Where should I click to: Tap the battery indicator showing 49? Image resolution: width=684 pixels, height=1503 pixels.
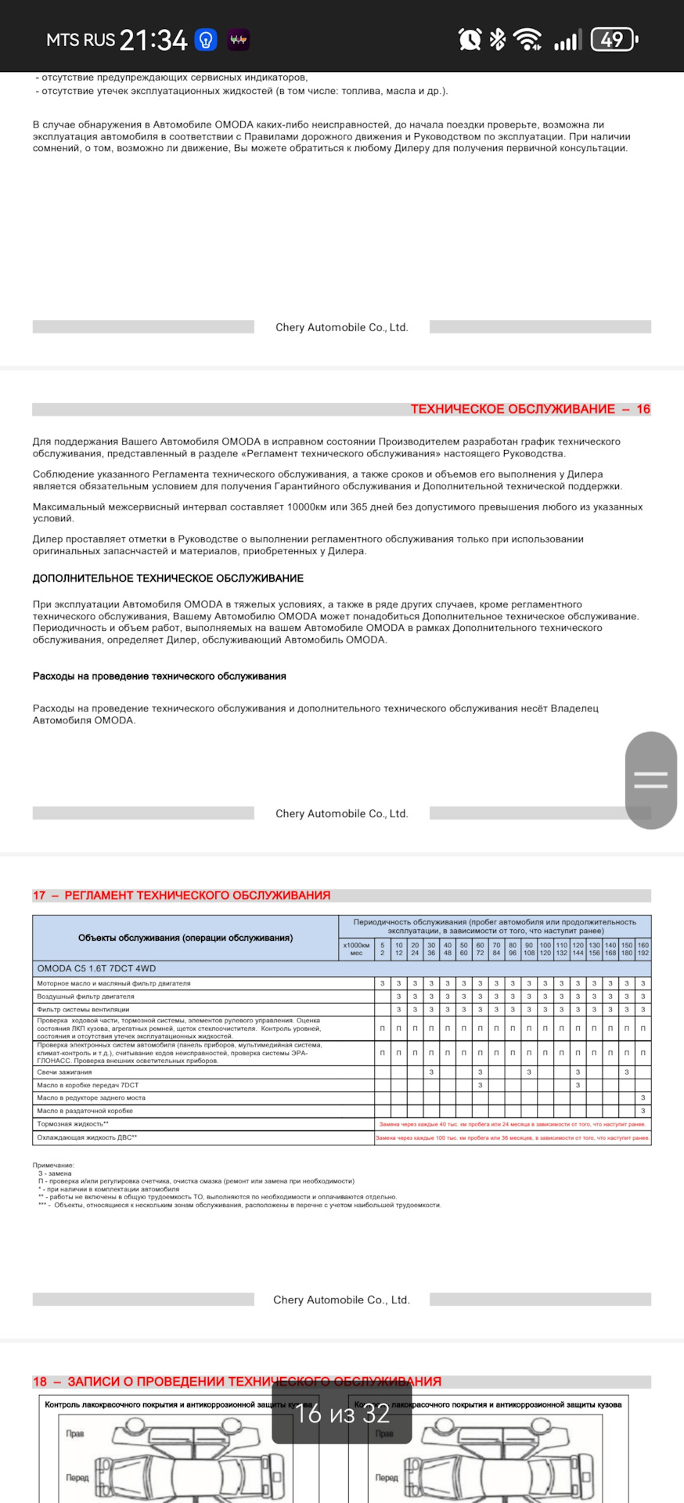[614, 39]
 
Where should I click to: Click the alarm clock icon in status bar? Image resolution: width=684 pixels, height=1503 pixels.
[470, 39]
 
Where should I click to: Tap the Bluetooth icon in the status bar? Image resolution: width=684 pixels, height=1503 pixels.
[498, 39]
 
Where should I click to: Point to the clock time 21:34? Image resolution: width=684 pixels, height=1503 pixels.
[153, 40]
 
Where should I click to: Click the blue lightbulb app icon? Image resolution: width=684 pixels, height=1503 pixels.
[206, 40]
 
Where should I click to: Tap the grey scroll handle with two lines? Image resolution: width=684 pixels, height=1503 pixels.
[650, 780]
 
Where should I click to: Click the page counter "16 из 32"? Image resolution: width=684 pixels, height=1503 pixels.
[342, 1413]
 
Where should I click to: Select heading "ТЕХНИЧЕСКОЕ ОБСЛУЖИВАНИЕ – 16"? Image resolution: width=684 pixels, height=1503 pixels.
[530, 409]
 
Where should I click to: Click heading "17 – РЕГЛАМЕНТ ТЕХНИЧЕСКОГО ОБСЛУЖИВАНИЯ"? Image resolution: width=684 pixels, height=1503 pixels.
[182, 896]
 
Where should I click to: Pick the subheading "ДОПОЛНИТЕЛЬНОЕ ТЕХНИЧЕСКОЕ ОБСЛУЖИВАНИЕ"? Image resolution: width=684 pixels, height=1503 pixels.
[168, 578]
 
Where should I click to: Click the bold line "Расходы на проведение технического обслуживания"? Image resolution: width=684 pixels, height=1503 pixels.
[160, 676]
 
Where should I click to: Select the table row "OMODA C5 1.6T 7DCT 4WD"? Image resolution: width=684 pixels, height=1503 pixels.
[96, 968]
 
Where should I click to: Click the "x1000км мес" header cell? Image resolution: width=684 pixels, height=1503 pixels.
[356, 949]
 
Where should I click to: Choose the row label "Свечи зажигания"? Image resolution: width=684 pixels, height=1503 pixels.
[64, 1072]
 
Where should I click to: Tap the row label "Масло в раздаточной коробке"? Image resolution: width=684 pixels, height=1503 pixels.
[85, 1111]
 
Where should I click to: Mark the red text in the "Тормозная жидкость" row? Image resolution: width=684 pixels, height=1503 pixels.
[513, 1124]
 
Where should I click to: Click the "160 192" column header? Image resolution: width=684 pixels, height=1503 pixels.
[643, 949]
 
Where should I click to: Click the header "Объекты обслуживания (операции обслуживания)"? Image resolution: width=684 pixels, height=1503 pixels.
[185, 938]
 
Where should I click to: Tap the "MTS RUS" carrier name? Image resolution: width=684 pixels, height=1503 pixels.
[81, 40]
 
